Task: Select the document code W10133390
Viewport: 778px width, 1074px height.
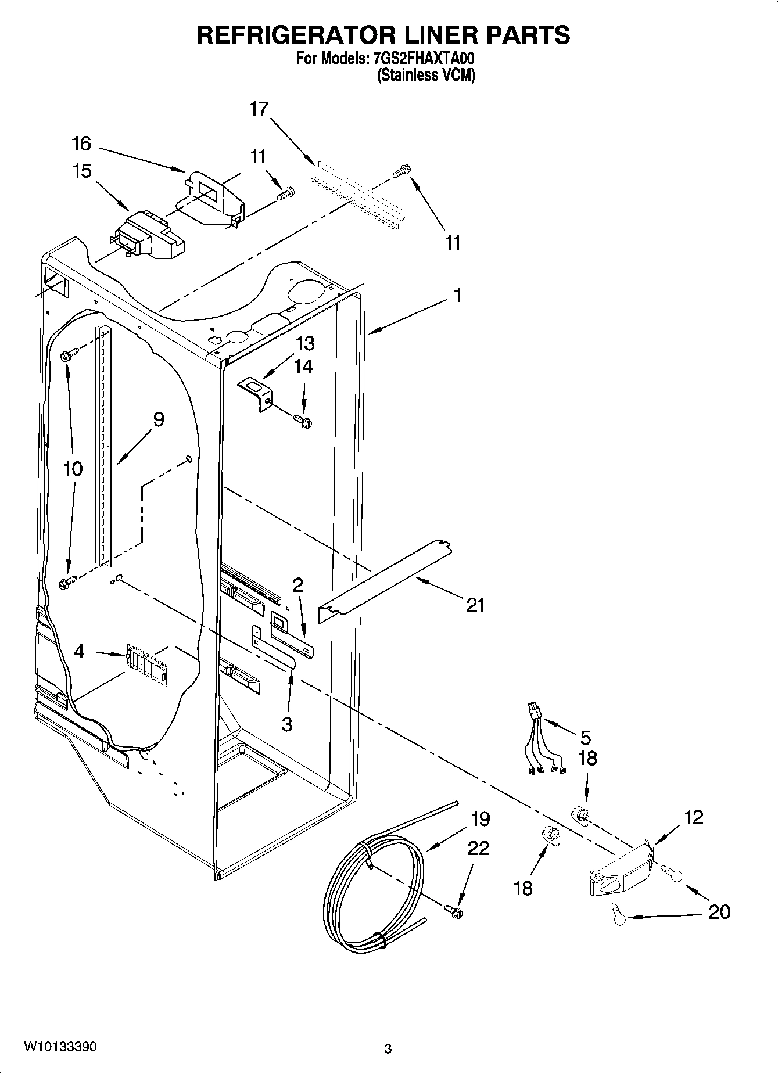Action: [60, 1047]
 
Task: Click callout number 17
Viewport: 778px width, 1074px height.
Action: [260, 109]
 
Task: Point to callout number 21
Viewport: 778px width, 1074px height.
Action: [475, 606]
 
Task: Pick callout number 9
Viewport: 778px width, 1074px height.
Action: [158, 419]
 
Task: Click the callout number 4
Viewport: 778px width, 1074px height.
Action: [80, 652]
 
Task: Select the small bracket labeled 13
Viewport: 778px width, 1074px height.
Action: [257, 393]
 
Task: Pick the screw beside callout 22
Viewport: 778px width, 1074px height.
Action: [454, 911]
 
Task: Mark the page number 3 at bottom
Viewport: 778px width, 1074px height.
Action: [388, 1049]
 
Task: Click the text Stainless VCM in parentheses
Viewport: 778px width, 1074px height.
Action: [426, 76]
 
